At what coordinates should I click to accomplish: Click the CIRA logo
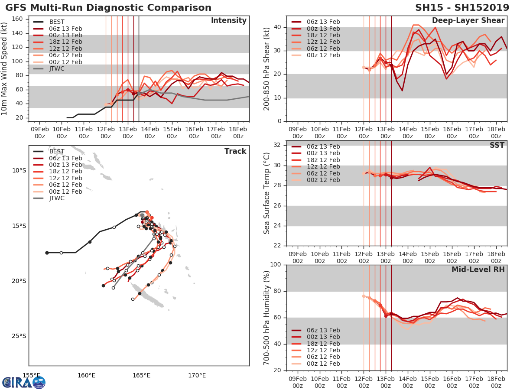pyautogui.click(x=23, y=382)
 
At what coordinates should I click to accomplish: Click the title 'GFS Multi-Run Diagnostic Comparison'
pyautogui.click(x=108, y=8)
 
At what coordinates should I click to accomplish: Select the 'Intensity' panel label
pyautogui.click(x=228, y=21)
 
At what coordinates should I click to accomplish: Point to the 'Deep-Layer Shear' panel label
pyautogui.click(x=468, y=21)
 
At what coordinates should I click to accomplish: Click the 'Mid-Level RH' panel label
pyautogui.click(x=478, y=270)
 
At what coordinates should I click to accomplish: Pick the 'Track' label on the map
pyautogui.click(x=235, y=151)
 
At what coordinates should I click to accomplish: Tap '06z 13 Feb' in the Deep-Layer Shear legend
pyautogui.click(x=323, y=22)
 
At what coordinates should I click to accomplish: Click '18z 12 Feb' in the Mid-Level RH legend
pyautogui.click(x=323, y=344)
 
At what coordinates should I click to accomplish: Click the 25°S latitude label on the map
pyautogui.click(x=19, y=336)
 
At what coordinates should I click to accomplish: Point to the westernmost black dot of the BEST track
pyautogui.click(x=47, y=253)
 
